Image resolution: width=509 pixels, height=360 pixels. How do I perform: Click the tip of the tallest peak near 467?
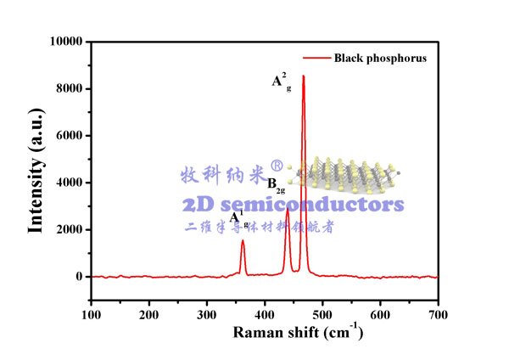[x=303, y=76]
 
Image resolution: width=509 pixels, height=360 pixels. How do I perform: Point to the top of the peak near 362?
[x=243, y=240]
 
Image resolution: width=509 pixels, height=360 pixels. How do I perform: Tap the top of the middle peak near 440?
[x=288, y=209]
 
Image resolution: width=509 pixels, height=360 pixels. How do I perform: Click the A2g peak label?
[x=281, y=82]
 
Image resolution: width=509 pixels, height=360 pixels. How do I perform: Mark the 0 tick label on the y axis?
[x=77, y=277]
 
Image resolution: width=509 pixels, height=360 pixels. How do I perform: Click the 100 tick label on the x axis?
[x=91, y=313]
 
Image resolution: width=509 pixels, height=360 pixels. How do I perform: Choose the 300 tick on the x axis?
[x=206, y=313]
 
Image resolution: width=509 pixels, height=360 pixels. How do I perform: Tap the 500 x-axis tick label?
[x=322, y=313]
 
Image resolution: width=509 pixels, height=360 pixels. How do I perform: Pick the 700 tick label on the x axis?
[x=438, y=313]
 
